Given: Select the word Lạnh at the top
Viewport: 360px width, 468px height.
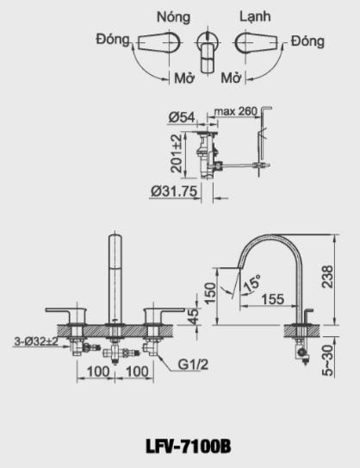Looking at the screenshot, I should [x=254, y=16].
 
